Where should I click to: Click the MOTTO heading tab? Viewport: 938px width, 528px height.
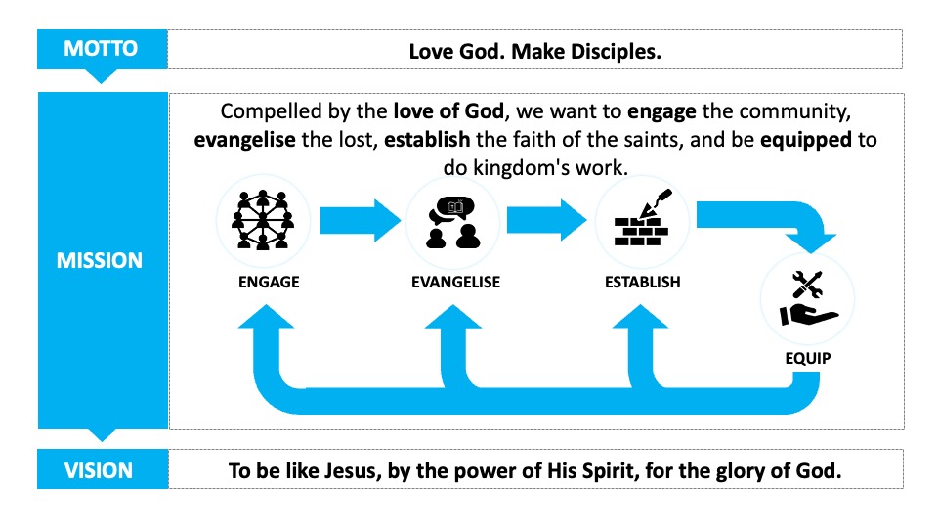tap(102, 49)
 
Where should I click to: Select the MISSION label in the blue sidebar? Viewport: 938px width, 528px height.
tap(100, 260)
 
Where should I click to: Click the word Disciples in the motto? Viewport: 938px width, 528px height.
tap(616, 52)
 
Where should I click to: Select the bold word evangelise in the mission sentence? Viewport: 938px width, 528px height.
tap(244, 140)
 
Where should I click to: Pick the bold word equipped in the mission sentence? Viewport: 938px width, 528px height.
tap(806, 140)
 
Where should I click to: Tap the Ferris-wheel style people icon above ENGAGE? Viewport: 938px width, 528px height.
tap(263, 220)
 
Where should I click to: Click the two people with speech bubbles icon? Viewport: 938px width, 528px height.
tap(452, 223)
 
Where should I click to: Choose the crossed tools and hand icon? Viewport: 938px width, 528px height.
tap(808, 298)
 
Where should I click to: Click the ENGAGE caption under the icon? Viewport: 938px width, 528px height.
tap(269, 282)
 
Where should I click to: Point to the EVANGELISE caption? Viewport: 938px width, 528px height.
tap(456, 282)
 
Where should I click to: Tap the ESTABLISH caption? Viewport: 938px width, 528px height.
tap(643, 282)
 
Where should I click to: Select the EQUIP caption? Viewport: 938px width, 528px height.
tap(808, 358)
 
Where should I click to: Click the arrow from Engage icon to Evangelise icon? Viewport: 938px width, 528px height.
tap(361, 220)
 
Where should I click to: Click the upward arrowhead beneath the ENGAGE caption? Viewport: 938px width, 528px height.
tap(266, 317)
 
